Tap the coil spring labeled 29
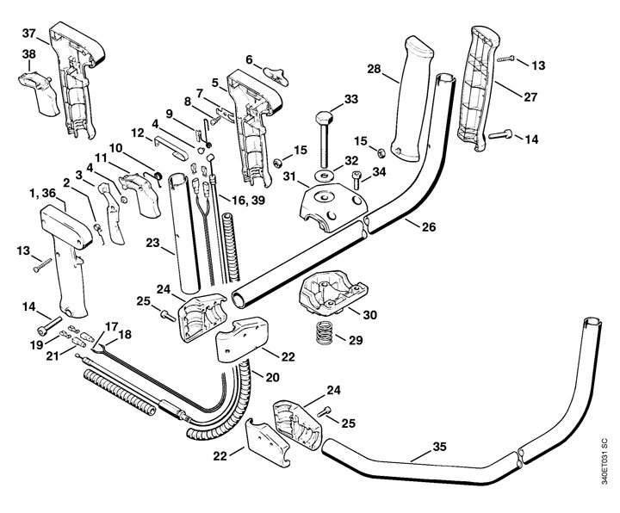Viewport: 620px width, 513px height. pyautogui.click(x=325, y=332)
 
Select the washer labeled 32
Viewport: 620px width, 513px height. pyautogui.click(x=325, y=174)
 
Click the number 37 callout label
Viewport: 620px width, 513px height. pyautogui.click(x=28, y=34)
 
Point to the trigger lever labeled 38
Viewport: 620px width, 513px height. pyautogui.click(x=39, y=93)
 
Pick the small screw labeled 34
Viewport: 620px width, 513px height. pyautogui.click(x=356, y=180)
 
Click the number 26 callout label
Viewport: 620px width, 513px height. pyautogui.click(x=429, y=227)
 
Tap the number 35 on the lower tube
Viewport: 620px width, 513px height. pyautogui.click(x=439, y=447)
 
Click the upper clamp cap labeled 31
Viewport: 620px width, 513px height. pyautogui.click(x=333, y=207)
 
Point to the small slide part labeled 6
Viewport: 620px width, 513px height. pyautogui.click(x=276, y=76)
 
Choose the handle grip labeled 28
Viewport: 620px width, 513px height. pyautogui.click(x=412, y=99)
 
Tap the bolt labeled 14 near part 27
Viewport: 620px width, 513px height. pyautogui.click(x=500, y=134)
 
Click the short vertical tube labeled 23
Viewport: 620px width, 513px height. pyautogui.click(x=184, y=233)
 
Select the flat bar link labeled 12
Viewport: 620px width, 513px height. pyautogui.click(x=170, y=147)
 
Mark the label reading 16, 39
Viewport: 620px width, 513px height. pyautogui.click(x=248, y=200)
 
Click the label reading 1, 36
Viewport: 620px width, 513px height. pyautogui.click(x=43, y=194)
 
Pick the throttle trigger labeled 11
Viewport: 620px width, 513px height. pyautogui.click(x=140, y=195)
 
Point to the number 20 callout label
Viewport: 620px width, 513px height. pyautogui.click(x=272, y=378)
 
